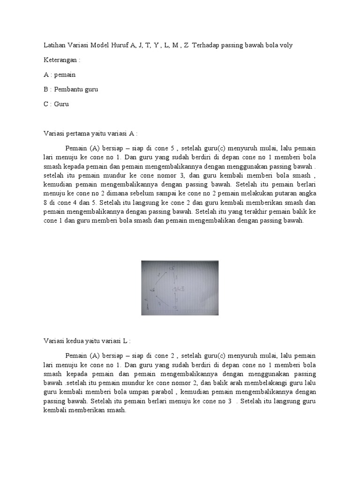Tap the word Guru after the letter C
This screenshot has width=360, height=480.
coord(61,104)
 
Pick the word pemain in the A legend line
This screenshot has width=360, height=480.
coord(65,75)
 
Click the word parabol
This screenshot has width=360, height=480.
coord(161,392)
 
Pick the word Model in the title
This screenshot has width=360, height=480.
coord(90,45)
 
